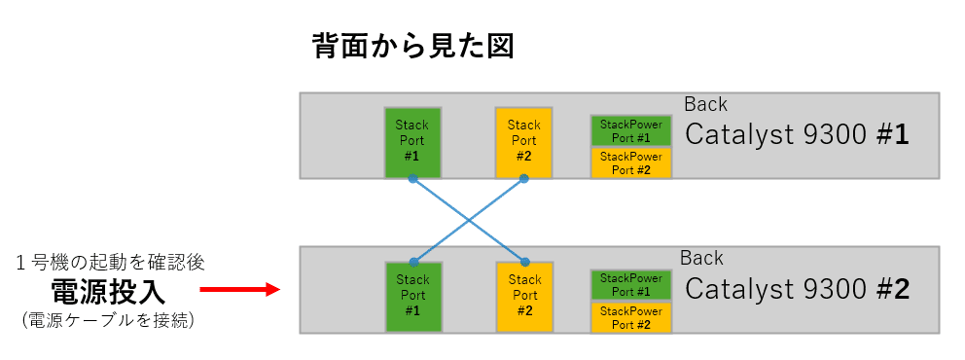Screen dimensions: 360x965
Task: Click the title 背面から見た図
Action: click(411, 45)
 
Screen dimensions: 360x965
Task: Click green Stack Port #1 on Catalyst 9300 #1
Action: click(412, 141)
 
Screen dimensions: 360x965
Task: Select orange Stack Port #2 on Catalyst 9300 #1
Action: click(523, 141)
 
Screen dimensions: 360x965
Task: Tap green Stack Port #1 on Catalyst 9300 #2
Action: click(412, 295)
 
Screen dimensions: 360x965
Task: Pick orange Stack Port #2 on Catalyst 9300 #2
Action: click(524, 295)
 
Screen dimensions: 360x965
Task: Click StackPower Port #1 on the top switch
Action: click(630, 130)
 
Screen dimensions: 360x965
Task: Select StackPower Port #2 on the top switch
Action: click(630, 162)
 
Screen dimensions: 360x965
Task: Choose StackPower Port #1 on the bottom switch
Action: click(630, 285)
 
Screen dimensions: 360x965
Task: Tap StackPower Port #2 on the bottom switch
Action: click(630, 317)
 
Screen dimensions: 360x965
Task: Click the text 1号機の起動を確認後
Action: click(110, 263)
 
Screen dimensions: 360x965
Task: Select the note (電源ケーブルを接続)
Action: click(108, 319)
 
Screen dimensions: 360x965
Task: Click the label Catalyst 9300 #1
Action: click(797, 134)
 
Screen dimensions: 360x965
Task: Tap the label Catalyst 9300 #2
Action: click(797, 289)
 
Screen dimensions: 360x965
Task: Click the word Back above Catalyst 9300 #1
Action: click(705, 104)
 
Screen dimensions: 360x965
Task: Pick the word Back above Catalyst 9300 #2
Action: click(701, 258)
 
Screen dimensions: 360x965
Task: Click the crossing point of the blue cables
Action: click(469, 220)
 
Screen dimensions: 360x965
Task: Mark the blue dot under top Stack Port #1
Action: click(412, 179)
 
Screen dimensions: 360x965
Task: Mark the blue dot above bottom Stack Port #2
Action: click(524, 262)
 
